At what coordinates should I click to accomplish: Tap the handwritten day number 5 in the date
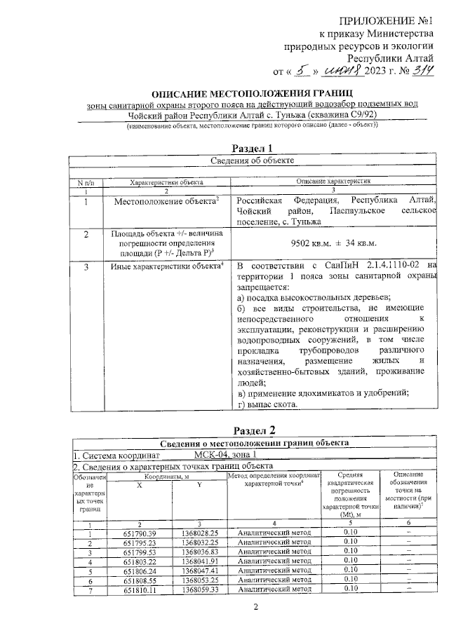pos(300,70)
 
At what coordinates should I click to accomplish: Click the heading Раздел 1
pos(251,147)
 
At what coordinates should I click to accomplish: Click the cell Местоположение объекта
pos(166,201)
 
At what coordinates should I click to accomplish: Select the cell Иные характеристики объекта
pos(167,267)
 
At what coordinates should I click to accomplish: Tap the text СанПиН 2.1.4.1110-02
pos(358,266)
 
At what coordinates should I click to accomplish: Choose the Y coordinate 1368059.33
pos(199,590)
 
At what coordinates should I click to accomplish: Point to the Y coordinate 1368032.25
pos(199,542)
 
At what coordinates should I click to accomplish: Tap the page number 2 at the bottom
pos(256,616)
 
